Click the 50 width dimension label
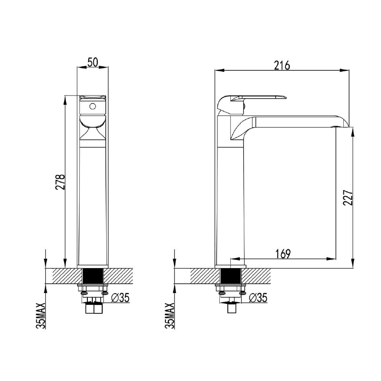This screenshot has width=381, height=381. click(x=93, y=62)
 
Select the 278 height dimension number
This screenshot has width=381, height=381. click(x=61, y=182)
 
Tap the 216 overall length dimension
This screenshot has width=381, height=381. click(x=282, y=65)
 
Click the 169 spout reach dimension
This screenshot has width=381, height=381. click(x=283, y=254)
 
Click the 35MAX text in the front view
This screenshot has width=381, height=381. click(x=41, y=316)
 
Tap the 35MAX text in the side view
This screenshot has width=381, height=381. click(x=169, y=316)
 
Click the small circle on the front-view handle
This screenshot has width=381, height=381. click(x=92, y=107)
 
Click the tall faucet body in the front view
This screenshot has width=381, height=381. click(x=93, y=202)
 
